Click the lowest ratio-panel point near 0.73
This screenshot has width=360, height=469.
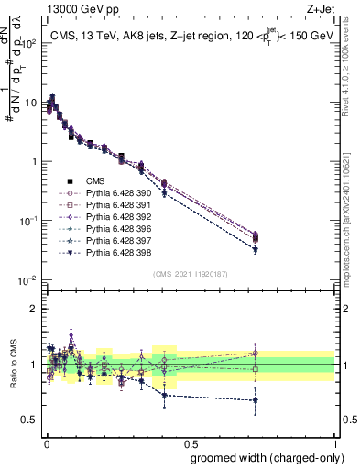coord(256,400)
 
